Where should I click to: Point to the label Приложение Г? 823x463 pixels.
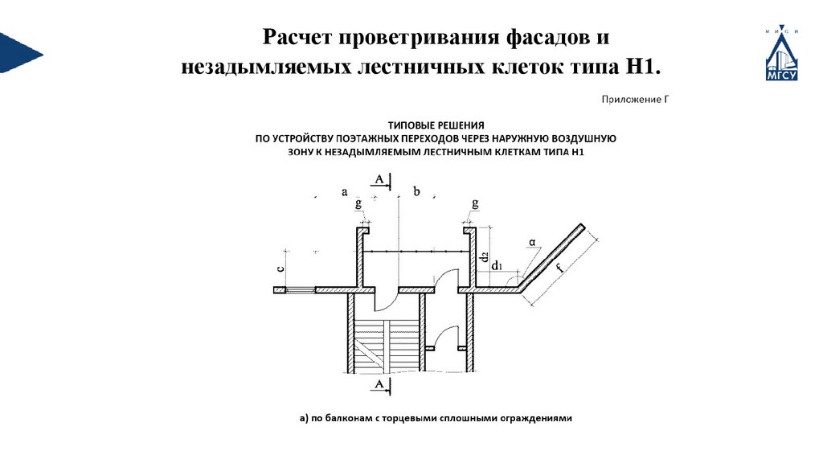point(634,100)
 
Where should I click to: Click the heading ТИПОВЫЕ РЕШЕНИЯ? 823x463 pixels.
point(436,125)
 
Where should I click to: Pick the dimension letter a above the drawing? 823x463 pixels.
point(345,191)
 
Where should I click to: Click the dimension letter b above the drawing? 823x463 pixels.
point(416,191)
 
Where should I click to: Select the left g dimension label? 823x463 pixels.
point(358,204)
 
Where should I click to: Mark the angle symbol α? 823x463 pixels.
point(531,241)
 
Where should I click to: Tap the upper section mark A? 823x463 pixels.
point(379,182)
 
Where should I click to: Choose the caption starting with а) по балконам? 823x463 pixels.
point(435,418)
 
